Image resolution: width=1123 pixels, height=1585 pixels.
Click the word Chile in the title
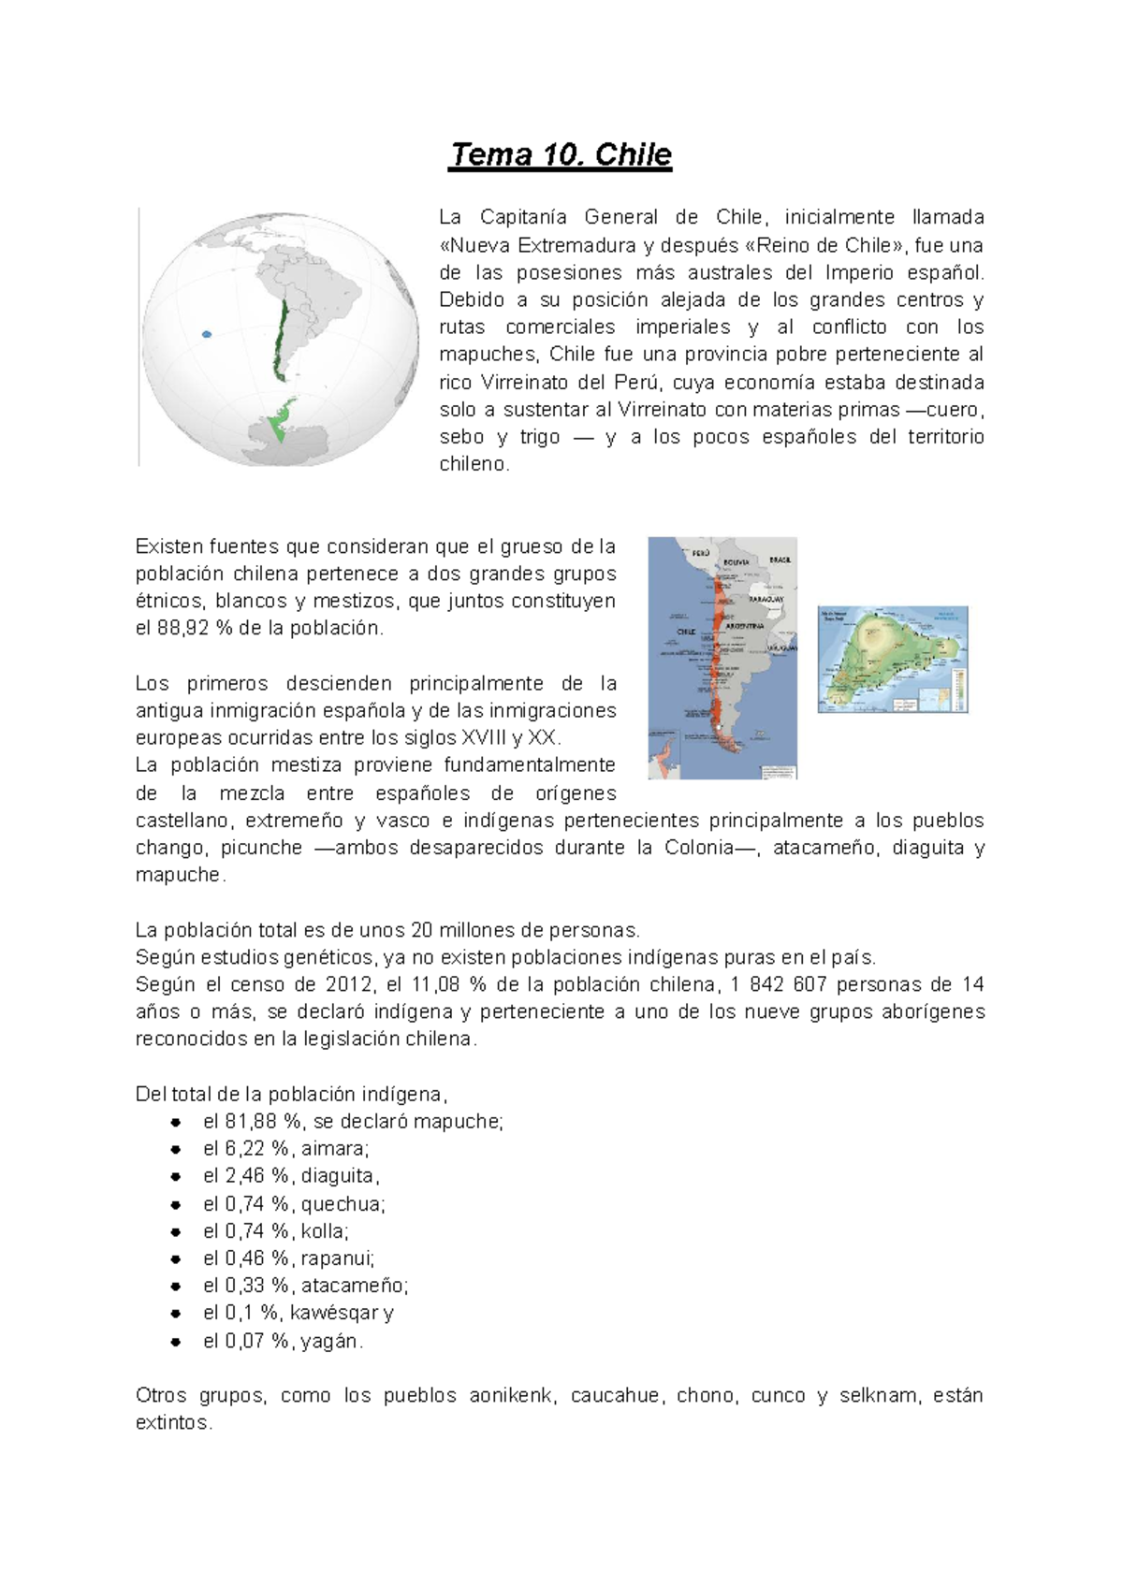pyautogui.click(x=633, y=154)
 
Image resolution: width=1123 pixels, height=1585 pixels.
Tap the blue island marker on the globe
pyautogui.click(x=207, y=333)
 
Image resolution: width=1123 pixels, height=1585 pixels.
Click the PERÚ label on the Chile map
pyautogui.click(x=701, y=553)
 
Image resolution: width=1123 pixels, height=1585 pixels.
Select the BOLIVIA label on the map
pyautogui.click(x=737, y=561)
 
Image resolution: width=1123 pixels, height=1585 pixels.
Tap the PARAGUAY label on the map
pyautogui.click(x=766, y=599)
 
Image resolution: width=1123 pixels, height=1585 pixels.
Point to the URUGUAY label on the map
pyautogui.click(x=780, y=647)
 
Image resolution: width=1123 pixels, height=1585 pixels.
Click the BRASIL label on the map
pyautogui.click(x=780, y=560)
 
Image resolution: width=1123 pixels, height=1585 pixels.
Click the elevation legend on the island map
pyautogui.click(x=956, y=692)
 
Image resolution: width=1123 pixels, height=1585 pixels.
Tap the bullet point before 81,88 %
pyautogui.click(x=175, y=1122)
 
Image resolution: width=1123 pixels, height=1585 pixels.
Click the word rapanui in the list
pyautogui.click(x=337, y=1258)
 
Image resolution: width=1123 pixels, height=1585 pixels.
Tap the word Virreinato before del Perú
pyautogui.click(x=526, y=382)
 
